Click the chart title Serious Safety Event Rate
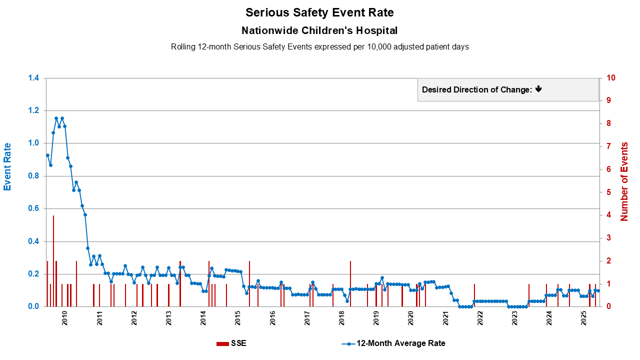[x=319, y=12]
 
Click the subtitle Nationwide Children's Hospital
[x=319, y=30]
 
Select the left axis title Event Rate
[x=7, y=167]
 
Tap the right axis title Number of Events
[x=624, y=181]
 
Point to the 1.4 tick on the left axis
[x=33, y=78]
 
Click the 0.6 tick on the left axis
[x=33, y=208]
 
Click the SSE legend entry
[x=231, y=343]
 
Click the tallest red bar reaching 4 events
[x=53, y=260]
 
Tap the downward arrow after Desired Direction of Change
[x=538, y=89]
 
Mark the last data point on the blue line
[x=598, y=291]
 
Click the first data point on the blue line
[x=47, y=155]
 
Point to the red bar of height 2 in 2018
[x=350, y=283]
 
